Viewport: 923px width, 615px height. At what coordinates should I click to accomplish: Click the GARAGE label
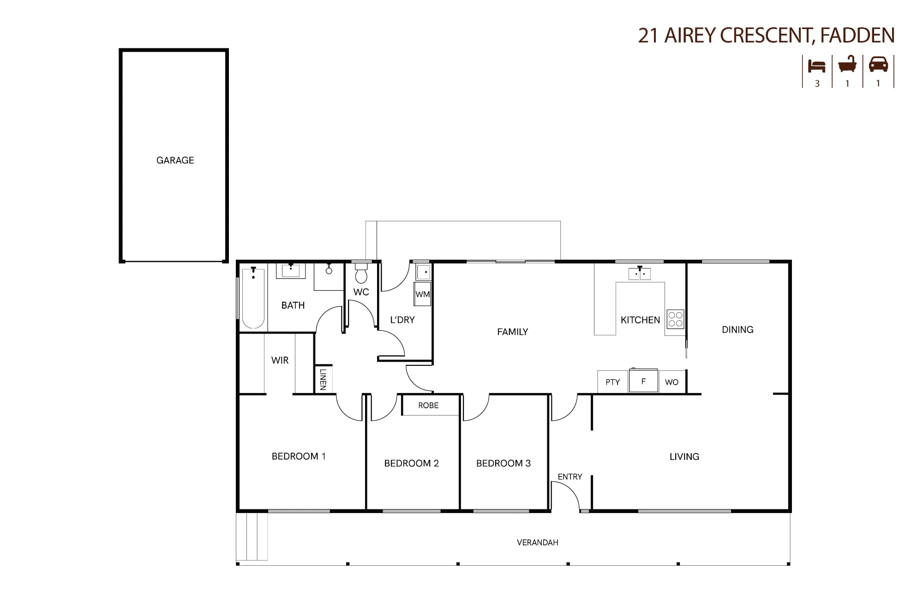[175, 160]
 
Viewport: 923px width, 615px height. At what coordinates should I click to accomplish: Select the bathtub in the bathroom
[253, 298]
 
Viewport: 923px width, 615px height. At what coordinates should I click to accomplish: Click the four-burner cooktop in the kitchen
[675, 319]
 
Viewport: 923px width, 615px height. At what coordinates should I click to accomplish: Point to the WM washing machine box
[423, 294]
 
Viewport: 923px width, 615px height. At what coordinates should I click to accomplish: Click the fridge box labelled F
[643, 381]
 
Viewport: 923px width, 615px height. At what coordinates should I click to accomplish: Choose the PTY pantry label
[612, 382]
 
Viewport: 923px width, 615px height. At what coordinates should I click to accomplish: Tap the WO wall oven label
[671, 382]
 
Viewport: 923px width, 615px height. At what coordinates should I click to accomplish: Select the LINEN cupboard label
[323, 379]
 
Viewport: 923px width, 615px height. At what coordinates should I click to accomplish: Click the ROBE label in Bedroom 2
[428, 406]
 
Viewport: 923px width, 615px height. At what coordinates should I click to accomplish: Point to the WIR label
[280, 360]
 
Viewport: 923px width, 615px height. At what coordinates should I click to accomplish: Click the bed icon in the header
[816, 66]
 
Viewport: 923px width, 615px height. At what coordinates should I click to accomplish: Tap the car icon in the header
[878, 65]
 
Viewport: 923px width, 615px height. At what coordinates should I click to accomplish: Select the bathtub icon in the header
[847, 64]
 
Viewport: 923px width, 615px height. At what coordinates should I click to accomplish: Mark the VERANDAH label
[537, 543]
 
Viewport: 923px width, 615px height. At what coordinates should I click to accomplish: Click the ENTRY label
[570, 477]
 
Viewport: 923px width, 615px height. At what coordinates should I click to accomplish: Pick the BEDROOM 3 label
[503, 463]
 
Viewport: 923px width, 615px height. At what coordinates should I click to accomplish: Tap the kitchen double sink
[640, 274]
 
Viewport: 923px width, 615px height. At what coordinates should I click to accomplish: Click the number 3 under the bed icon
[817, 84]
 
